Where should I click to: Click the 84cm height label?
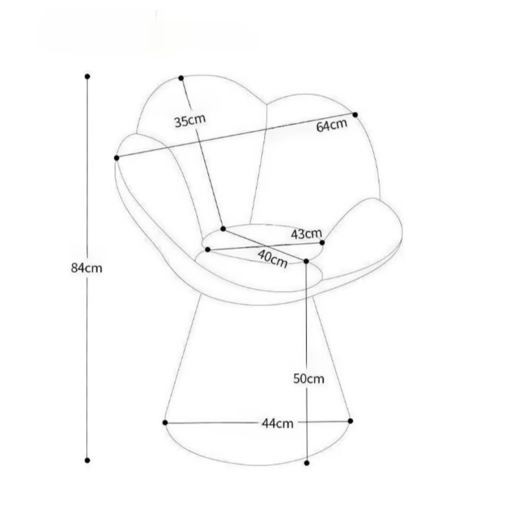[87, 268]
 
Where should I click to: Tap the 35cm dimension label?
[190, 121]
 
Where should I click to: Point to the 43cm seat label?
[307, 234]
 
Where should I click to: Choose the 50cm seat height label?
[309, 379]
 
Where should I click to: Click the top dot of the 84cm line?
[87, 77]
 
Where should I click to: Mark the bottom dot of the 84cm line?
[87, 460]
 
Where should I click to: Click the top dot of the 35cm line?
[181, 78]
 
